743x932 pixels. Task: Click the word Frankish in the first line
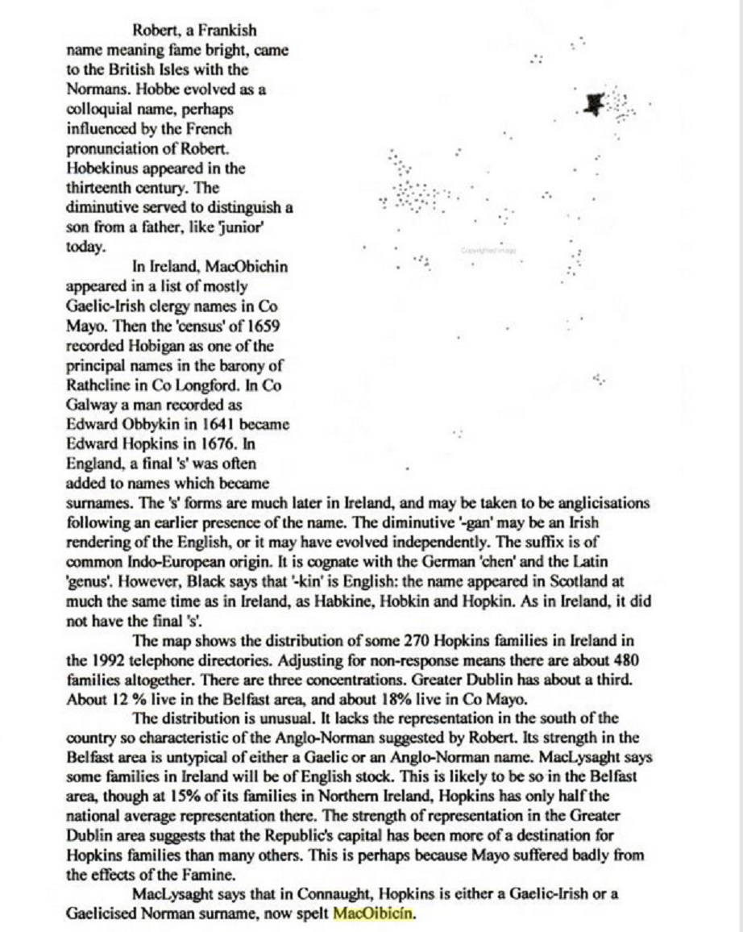click(230, 31)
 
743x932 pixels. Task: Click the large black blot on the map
click(595, 102)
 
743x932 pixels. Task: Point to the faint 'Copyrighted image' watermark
click(488, 251)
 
